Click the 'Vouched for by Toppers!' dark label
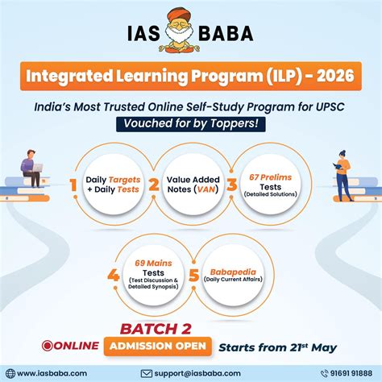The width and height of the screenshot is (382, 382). (191, 124)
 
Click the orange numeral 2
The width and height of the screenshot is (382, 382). (153, 187)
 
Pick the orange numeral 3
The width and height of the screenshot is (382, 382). (233, 187)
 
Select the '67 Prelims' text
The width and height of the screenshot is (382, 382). (272, 177)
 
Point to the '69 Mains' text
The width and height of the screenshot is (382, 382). (152, 262)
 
